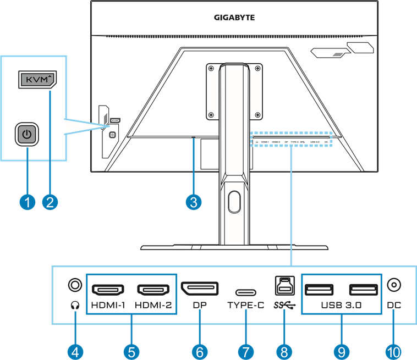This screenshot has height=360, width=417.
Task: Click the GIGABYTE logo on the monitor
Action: tap(234, 18)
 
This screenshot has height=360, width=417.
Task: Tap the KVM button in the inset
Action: tap(37, 80)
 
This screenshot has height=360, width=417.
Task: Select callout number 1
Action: tap(26, 202)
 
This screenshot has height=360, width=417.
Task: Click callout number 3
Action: tap(193, 202)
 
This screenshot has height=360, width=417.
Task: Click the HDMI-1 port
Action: tap(107, 289)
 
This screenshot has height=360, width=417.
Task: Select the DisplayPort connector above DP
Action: tap(200, 289)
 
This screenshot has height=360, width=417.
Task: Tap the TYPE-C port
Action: tap(245, 292)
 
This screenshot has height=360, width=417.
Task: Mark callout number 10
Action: tap(394, 351)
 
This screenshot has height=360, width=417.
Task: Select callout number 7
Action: tap(246, 351)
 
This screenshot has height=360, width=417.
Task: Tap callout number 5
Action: tap(131, 351)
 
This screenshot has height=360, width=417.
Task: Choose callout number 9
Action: tap(341, 351)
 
